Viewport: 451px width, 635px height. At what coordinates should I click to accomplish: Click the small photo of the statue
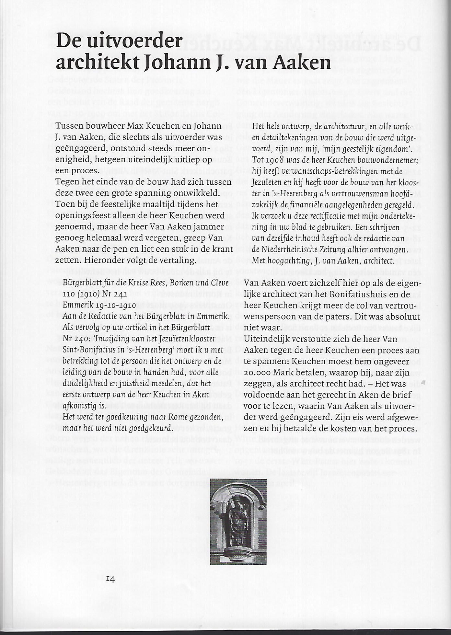click(x=238, y=521)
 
